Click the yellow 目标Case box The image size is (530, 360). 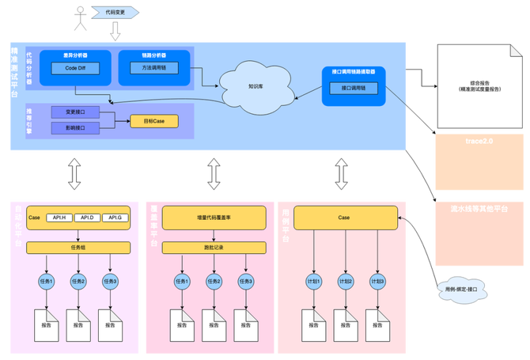coord(154,121)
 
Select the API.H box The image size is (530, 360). coord(59,217)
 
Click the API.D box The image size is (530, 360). coord(87,217)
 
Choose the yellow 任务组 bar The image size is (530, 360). coord(77,248)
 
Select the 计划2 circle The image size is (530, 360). coord(344,281)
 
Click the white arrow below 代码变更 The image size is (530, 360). coord(115,31)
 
